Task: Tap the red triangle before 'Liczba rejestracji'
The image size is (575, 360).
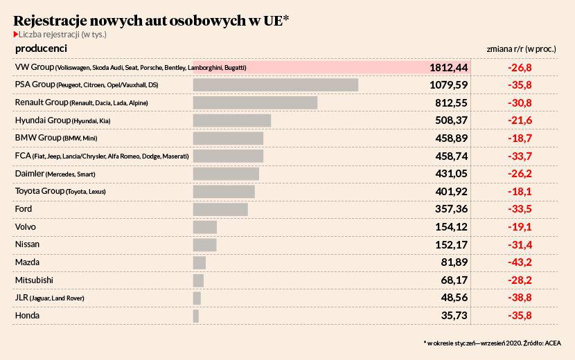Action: click(x=16, y=35)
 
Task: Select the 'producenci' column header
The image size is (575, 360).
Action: click(x=41, y=48)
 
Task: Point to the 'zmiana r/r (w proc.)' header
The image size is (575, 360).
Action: click(x=521, y=48)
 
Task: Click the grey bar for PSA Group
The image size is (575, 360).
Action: click(x=276, y=85)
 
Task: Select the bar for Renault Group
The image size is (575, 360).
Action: click(x=255, y=102)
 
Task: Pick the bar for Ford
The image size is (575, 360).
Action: click(x=220, y=209)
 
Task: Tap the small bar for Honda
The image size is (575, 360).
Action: click(x=196, y=316)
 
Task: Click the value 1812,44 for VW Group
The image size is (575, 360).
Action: click(x=448, y=67)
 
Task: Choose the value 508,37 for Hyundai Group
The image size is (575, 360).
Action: click(x=451, y=120)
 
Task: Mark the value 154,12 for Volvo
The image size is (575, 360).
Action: click(x=451, y=227)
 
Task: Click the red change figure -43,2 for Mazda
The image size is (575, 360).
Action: click(x=520, y=262)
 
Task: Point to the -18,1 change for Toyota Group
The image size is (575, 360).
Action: click(x=520, y=191)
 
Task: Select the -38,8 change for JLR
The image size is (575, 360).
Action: click(x=520, y=297)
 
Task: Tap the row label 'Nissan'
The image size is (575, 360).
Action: click(x=27, y=244)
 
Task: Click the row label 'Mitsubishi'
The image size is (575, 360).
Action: click(x=34, y=280)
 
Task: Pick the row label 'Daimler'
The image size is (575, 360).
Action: click(x=29, y=173)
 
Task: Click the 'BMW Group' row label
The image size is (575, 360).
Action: click(x=38, y=138)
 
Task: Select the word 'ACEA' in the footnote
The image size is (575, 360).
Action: click(x=553, y=343)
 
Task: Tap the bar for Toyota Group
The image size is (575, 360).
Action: click(x=224, y=192)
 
